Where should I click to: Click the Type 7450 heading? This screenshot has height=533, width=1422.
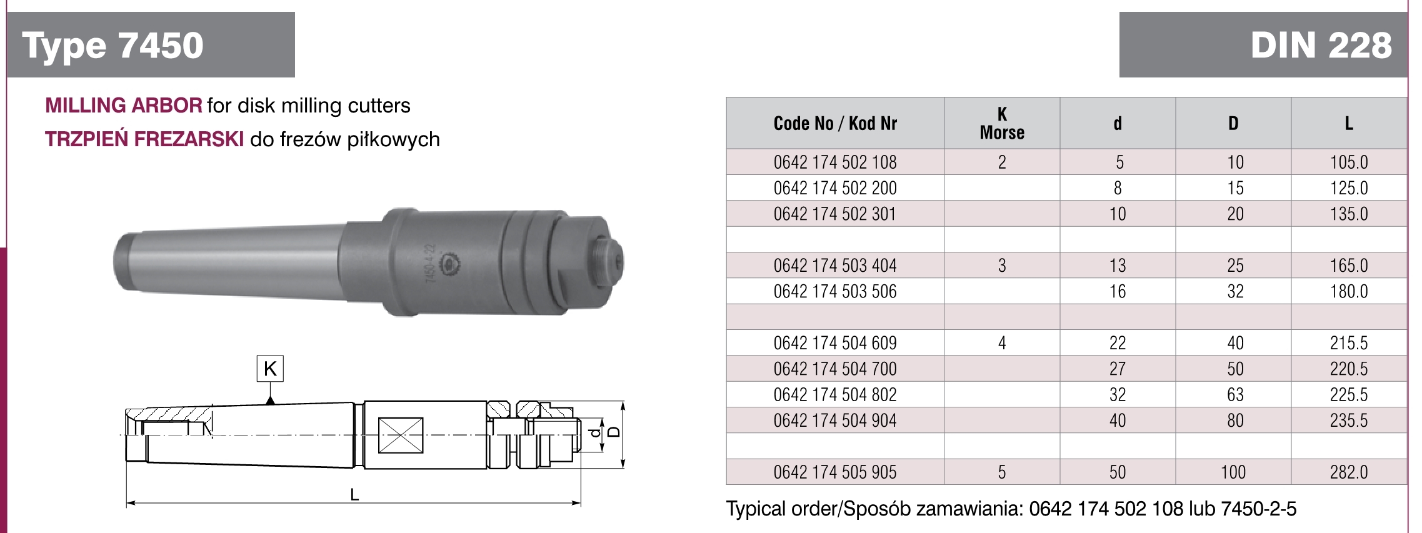click(113, 46)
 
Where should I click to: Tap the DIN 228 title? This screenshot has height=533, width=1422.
click(1321, 46)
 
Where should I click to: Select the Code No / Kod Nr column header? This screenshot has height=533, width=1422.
click(835, 123)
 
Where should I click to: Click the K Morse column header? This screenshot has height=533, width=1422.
click(1002, 123)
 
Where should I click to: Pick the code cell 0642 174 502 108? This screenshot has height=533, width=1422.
click(835, 162)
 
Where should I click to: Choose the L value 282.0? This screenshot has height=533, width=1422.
click(1349, 472)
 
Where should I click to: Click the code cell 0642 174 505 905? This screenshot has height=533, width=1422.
click(835, 472)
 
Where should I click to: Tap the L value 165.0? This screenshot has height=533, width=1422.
click(1349, 266)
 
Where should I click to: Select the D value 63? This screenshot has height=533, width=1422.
click(1235, 394)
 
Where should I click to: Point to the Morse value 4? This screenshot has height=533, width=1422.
click(1002, 343)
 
